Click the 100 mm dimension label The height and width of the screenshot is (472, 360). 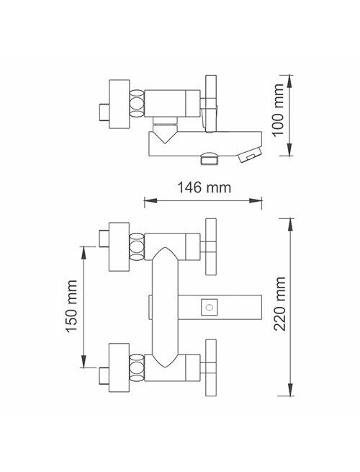[x=279, y=110]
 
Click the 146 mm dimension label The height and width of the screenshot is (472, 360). [x=204, y=188]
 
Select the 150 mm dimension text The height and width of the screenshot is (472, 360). [x=71, y=306]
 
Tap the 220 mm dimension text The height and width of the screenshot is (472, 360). [x=279, y=303]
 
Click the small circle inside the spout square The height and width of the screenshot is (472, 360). [x=210, y=308]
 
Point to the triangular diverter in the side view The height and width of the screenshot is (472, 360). [x=165, y=134]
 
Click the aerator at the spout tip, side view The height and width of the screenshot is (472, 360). [x=250, y=154]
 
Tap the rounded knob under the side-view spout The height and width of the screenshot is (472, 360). [x=210, y=159]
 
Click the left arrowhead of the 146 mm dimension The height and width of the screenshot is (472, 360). [x=150, y=200]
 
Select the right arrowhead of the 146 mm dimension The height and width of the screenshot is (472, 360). [x=256, y=200]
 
